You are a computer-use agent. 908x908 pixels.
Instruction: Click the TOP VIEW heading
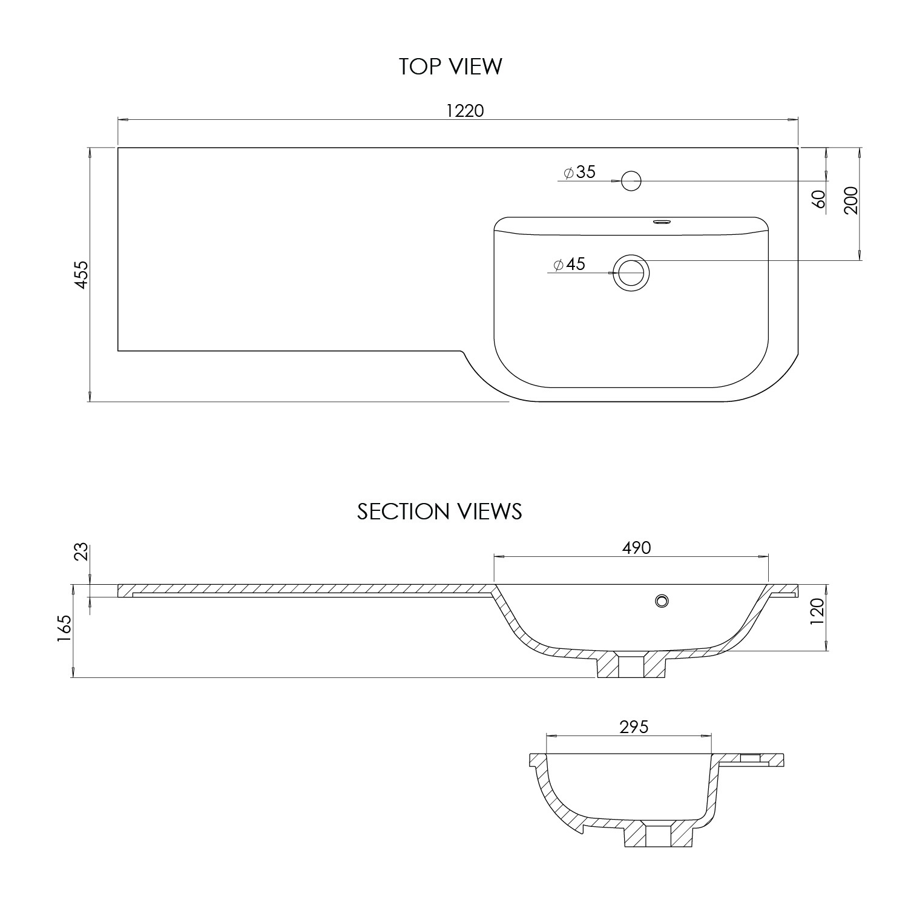tap(450, 67)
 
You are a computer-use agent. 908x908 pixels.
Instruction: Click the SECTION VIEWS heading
tap(439, 512)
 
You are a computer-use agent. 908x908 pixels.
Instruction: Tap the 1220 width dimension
tap(465, 111)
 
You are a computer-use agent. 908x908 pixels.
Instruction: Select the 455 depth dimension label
tap(82, 274)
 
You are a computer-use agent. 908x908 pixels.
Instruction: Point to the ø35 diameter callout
tap(579, 173)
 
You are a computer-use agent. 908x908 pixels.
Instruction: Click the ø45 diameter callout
tap(569, 265)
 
